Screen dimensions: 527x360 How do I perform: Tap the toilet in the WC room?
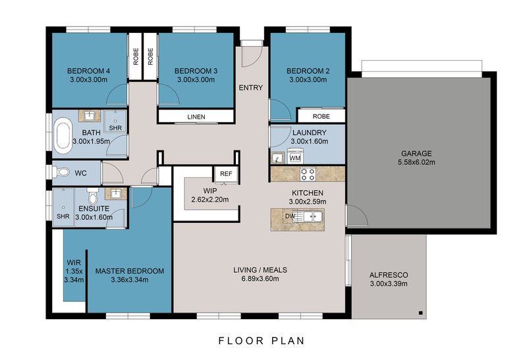61,172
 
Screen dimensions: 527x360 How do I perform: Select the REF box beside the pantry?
226,174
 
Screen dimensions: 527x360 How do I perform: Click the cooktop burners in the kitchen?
308,174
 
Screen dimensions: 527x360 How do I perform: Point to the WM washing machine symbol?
294,158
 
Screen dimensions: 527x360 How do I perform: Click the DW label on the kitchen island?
290,216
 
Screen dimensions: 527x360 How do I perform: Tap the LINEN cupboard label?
196,117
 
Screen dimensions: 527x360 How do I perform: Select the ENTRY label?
251,88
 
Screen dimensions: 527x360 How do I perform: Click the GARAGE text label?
416,154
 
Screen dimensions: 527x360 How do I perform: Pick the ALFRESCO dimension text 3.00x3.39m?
389,284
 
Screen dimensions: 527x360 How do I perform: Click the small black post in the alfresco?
420,313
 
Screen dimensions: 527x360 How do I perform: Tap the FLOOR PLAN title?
262,340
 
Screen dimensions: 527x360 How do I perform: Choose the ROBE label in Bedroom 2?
321,117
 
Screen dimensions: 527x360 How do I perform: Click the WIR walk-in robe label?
74,262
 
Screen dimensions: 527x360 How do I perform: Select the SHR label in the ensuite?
63,216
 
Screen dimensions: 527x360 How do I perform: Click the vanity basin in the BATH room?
90,116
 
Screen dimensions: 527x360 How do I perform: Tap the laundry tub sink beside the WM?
277,158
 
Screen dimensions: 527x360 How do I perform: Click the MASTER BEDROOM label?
130,271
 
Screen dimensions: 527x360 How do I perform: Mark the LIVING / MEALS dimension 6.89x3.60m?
260,279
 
